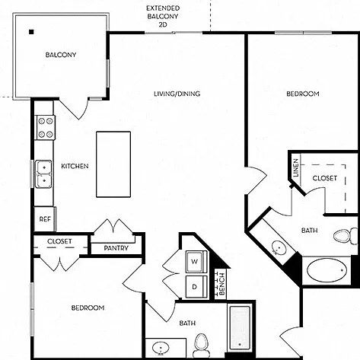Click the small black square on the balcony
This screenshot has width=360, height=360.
click(x=31, y=32)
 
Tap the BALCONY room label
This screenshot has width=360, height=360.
click(x=61, y=55)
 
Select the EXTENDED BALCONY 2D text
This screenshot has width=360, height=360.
click(x=163, y=17)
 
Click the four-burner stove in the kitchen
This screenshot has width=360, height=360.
click(x=46, y=127)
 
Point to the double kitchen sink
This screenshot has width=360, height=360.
click(x=43, y=174)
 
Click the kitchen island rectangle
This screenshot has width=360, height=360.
click(x=113, y=164)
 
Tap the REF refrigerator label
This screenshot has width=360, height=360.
click(x=45, y=219)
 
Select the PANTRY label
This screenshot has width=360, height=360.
click(x=116, y=248)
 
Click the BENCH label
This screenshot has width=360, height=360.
click(x=222, y=284)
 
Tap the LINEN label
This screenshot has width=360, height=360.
click(x=296, y=167)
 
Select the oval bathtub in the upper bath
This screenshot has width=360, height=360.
click(x=327, y=270)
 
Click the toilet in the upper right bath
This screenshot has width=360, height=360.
click(x=346, y=236)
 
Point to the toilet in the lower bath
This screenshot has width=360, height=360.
click(x=201, y=346)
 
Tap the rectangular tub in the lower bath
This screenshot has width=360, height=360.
click(x=240, y=328)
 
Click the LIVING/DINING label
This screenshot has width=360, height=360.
click(x=177, y=94)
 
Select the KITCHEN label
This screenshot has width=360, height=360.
click(x=75, y=166)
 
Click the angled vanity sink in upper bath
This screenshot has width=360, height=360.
click(x=279, y=247)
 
